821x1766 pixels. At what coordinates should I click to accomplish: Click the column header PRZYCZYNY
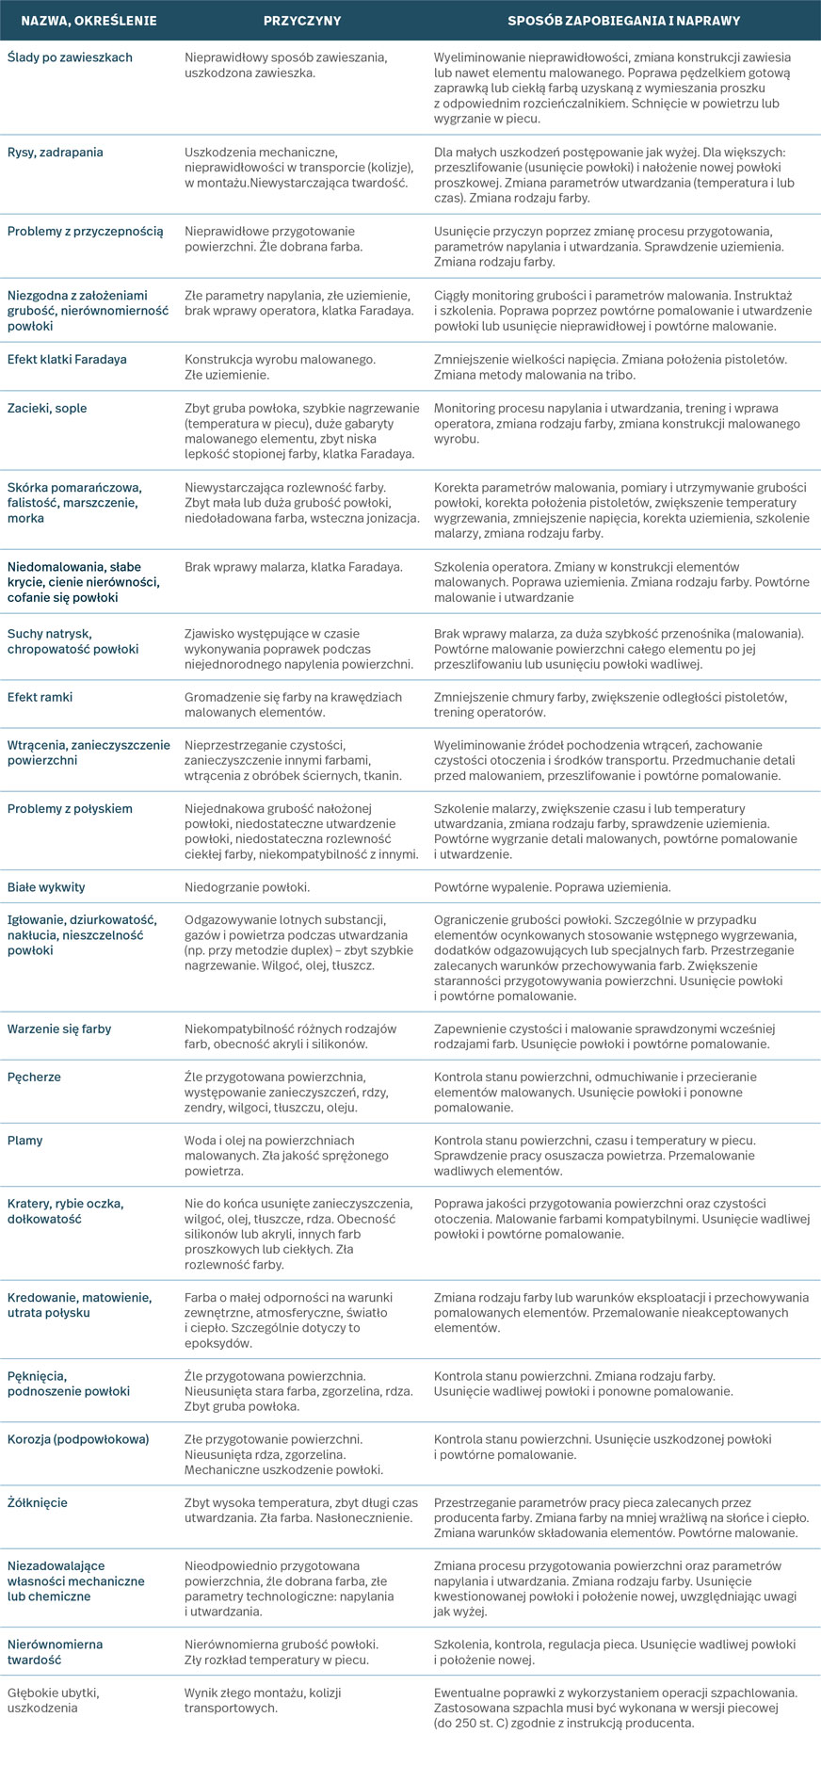point(302,20)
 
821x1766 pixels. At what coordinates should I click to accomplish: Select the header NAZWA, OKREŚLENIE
point(89,20)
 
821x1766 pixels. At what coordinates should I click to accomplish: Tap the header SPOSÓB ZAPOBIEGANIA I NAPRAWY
point(623,20)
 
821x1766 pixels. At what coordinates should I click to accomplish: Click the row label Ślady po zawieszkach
point(70,57)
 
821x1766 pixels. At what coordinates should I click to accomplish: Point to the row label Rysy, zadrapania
point(56,153)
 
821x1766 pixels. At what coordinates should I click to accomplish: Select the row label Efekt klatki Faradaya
point(67,360)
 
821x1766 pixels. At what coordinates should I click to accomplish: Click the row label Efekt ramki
point(40,698)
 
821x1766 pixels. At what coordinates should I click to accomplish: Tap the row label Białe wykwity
point(46,887)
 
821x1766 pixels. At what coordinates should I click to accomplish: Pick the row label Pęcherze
point(34,1077)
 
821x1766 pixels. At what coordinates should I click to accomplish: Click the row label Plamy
point(25,1141)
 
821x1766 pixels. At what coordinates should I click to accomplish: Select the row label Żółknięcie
point(38,1503)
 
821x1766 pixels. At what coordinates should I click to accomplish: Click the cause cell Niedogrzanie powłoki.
point(247,887)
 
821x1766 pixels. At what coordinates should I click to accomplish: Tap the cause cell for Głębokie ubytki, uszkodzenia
point(250,1700)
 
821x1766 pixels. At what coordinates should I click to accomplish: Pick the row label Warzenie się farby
point(59,1029)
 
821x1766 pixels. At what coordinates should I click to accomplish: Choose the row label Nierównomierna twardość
point(56,1652)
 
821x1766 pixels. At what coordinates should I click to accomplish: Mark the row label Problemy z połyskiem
point(70,809)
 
